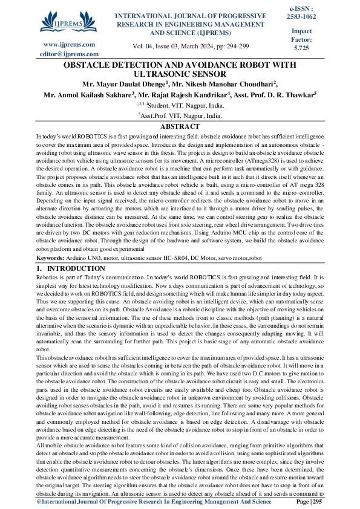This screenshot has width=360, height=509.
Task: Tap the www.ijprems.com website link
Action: click(62, 44)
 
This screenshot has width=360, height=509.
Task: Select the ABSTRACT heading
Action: click(180, 126)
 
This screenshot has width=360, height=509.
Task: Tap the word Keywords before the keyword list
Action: click(53, 259)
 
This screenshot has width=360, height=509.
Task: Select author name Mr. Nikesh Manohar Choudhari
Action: click(223, 84)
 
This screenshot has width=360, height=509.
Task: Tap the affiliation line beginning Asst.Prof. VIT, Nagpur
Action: click(180, 114)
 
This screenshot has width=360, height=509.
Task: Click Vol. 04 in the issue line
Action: click(143, 46)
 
